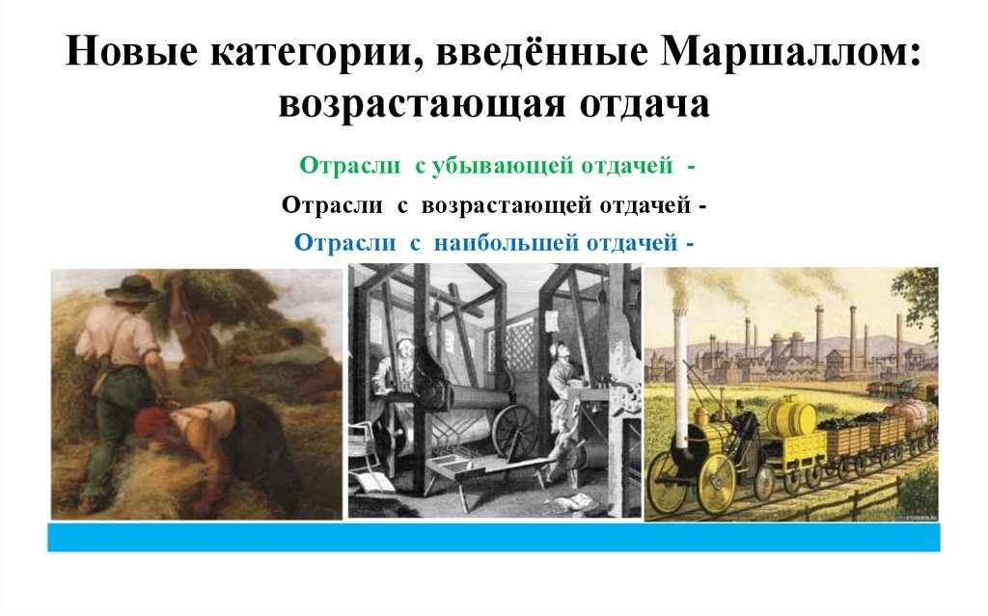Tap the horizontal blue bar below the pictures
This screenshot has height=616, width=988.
tap(493, 537)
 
